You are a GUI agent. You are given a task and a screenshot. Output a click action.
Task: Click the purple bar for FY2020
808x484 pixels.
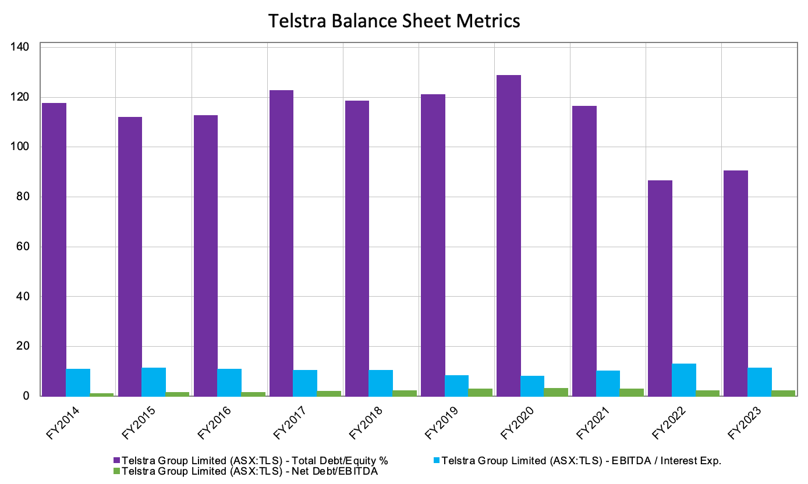(x=508, y=236)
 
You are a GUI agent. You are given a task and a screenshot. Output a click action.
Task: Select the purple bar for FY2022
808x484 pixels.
(x=660, y=288)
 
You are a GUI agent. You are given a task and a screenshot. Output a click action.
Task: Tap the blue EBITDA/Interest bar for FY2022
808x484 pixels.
(x=683, y=380)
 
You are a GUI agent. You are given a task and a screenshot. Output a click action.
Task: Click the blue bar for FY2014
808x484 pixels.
(x=78, y=382)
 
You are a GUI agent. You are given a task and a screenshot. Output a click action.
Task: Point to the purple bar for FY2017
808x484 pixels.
(x=281, y=243)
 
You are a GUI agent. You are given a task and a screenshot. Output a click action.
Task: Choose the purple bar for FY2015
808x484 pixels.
(x=130, y=256)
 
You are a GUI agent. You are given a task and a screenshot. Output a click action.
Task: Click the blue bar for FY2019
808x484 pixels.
(x=457, y=386)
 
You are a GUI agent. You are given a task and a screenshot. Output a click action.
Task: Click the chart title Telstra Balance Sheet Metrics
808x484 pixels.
(x=394, y=21)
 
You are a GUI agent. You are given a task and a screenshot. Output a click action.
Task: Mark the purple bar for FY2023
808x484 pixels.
(x=736, y=283)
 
